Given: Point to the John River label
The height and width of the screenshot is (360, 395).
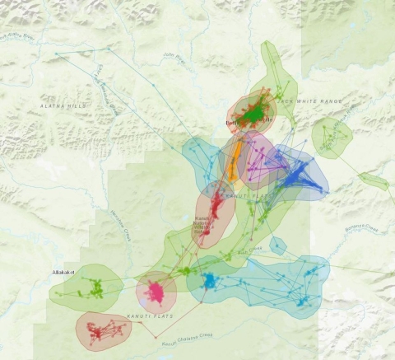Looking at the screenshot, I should click(173, 58).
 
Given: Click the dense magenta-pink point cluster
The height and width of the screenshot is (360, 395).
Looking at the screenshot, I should click(156, 292).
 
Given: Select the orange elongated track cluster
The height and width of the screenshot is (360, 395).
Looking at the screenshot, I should click(234, 161).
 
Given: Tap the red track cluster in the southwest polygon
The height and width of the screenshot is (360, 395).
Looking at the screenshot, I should click(103, 331).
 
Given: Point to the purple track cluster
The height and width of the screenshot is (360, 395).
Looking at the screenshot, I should click(258, 157).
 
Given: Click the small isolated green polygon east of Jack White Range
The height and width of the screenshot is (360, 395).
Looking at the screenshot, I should click(332, 138).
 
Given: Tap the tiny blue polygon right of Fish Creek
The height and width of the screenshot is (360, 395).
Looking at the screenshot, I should click(278, 245).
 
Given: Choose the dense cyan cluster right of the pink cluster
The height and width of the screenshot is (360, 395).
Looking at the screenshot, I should click(208, 283).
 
